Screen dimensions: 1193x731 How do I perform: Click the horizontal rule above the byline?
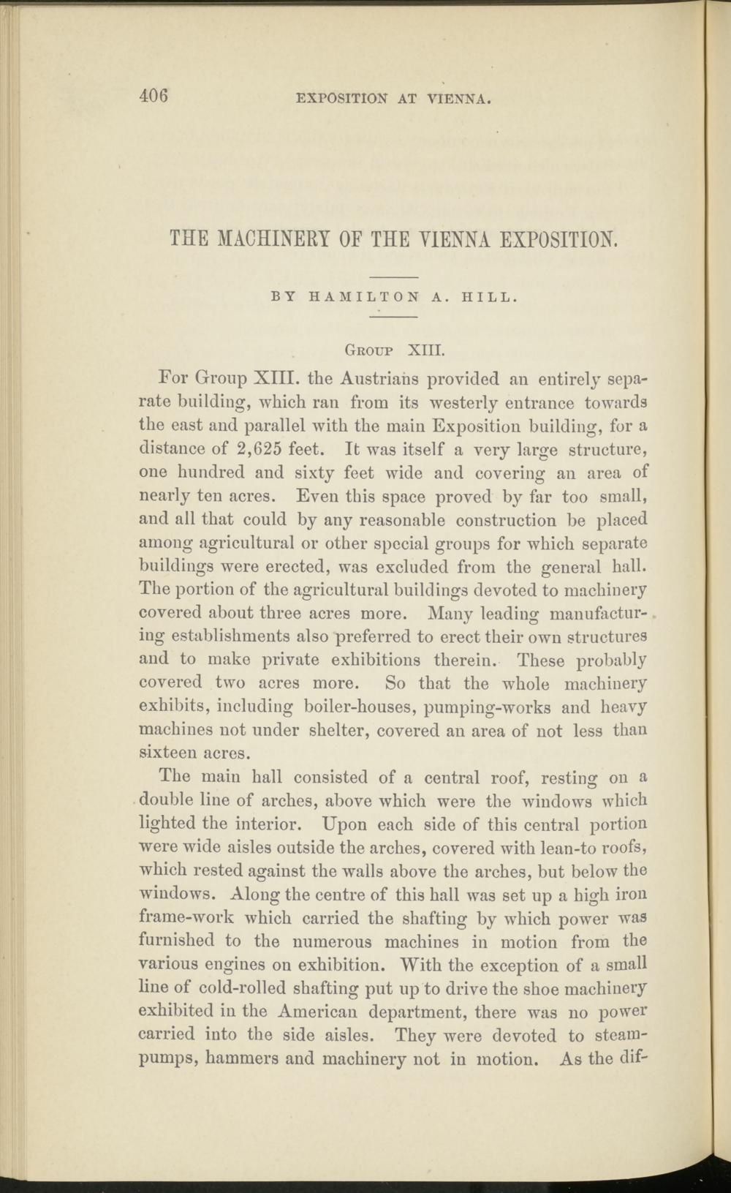coord(394,277)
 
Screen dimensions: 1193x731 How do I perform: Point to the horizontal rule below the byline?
coord(394,317)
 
